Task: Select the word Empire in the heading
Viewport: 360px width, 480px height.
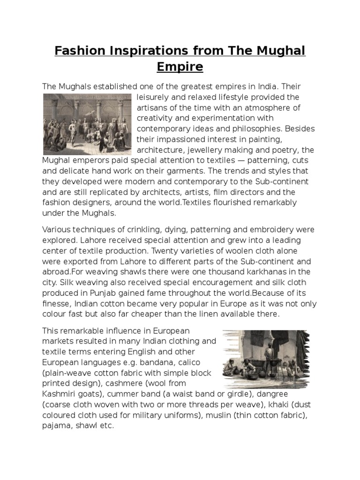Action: (x=180, y=67)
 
